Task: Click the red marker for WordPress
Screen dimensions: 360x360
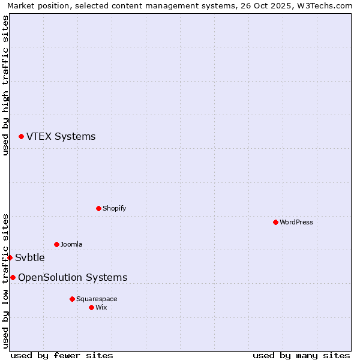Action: [275, 222]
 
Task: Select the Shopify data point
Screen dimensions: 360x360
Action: [98, 208]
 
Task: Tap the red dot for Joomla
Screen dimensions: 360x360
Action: [56, 244]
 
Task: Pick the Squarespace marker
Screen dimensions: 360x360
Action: [72, 299]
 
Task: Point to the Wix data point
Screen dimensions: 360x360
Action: [91, 307]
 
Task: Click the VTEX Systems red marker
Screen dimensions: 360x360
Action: [21, 137]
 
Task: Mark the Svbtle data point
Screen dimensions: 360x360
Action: [10, 257]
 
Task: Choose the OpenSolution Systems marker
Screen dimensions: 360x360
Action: [13, 277]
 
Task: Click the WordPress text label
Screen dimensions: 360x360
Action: [296, 222]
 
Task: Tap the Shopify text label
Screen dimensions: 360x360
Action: [114, 208]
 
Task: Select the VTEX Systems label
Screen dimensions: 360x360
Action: [61, 137]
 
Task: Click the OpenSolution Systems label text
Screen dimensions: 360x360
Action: [73, 277]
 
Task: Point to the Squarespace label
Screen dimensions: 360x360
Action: [97, 299]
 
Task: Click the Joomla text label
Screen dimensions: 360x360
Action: [71, 244]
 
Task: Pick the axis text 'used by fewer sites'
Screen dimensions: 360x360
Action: [62, 355]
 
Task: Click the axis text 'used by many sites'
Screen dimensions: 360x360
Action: [301, 355]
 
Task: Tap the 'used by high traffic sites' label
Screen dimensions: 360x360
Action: [5, 85]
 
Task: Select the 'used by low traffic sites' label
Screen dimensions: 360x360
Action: [5, 281]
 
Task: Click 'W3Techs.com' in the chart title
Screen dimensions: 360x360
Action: [329, 5]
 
